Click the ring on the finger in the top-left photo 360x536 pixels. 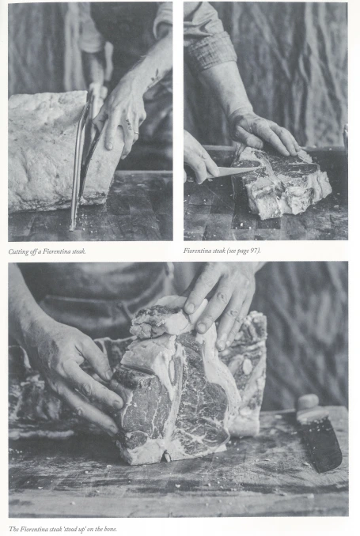[136, 132]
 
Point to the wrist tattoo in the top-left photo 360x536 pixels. [155, 77]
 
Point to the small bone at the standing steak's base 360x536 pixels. [167, 456]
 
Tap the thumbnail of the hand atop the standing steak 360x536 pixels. [189, 308]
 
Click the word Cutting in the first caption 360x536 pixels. [17, 252]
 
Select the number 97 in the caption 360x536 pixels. [254, 251]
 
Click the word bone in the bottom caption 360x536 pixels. [110, 529]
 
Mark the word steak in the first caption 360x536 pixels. [78, 251]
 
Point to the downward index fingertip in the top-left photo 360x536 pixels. [109, 145]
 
